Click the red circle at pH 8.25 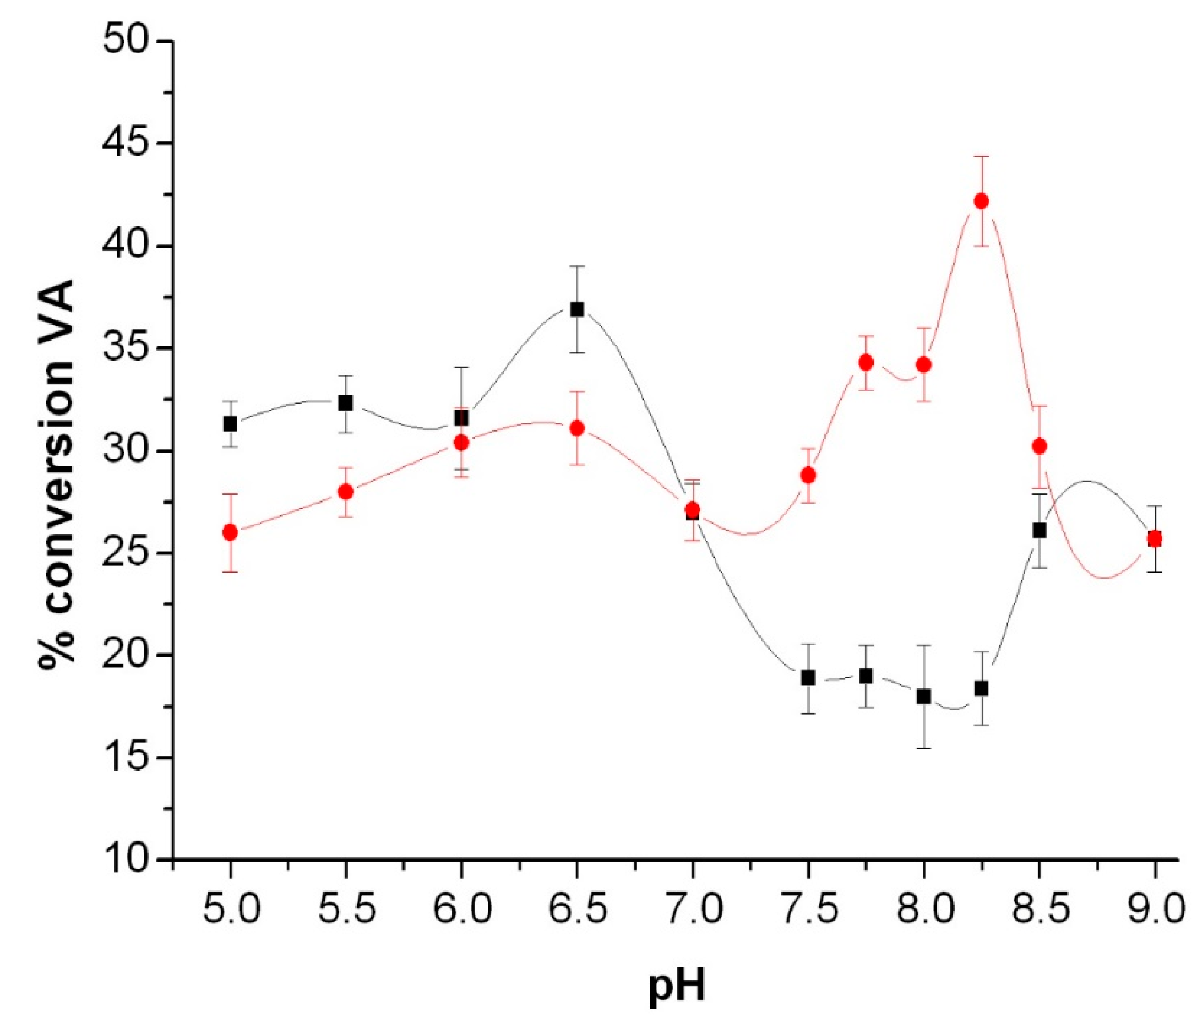click(981, 201)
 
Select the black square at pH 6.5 click(577, 309)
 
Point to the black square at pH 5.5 click(345, 403)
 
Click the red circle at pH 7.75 click(866, 363)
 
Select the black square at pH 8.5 click(1039, 530)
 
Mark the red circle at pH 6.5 click(577, 428)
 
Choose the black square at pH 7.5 click(808, 678)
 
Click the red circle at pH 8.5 click(1040, 446)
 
